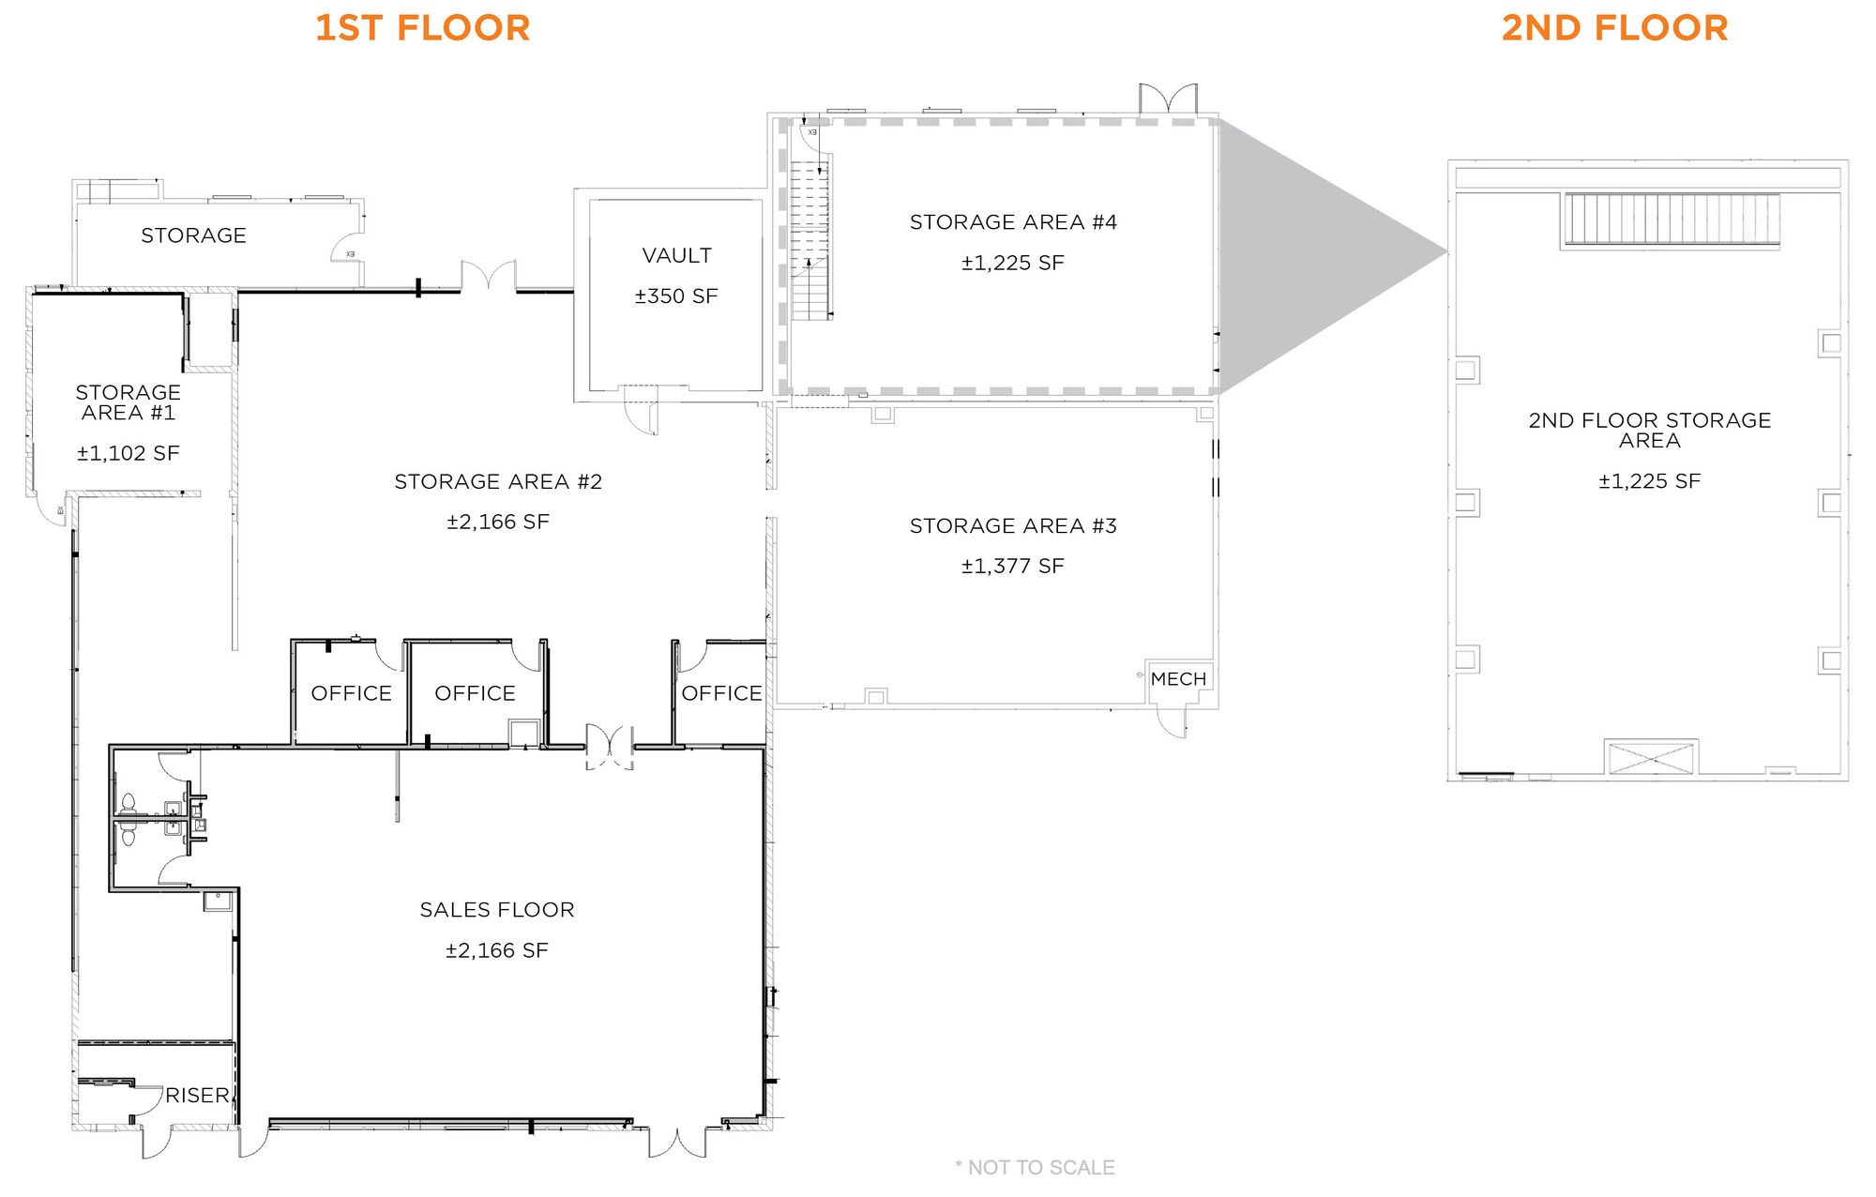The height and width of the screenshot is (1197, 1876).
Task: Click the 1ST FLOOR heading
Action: [422, 28]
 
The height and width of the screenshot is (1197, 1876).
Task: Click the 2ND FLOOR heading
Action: [1614, 28]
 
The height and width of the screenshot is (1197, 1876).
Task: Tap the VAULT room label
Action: [676, 255]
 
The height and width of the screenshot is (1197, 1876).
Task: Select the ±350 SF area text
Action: [676, 296]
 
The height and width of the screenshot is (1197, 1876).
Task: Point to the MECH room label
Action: [1178, 679]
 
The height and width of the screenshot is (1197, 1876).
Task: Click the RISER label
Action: [197, 1095]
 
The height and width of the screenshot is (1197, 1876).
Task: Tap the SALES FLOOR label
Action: [497, 910]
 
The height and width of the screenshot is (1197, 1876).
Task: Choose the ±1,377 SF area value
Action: [1013, 567]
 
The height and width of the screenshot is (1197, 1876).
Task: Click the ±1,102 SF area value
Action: [129, 454]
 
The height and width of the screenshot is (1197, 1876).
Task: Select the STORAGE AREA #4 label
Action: [1013, 222]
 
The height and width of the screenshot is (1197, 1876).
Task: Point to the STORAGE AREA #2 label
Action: [498, 482]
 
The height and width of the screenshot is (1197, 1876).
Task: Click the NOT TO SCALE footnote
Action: [1035, 1168]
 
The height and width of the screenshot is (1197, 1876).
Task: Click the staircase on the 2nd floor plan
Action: [1671, 220]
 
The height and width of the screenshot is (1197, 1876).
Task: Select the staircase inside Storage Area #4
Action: [810, 240]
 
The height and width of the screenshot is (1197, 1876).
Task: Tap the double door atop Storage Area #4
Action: [1169, 100]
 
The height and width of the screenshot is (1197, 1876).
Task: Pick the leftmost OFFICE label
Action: [352, 693]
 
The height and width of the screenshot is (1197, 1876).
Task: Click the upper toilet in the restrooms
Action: [128, 803]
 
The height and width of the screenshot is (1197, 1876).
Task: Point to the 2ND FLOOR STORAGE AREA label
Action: [1650, 431]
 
